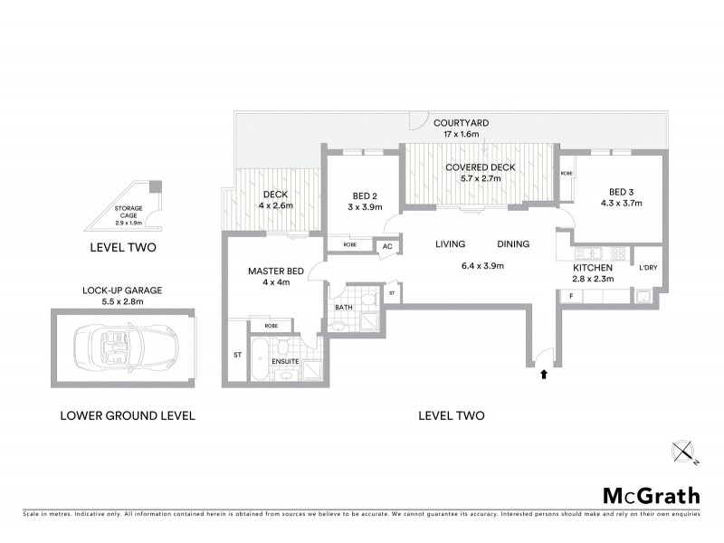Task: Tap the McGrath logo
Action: point(651,495)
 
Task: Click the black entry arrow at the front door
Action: point(543,372)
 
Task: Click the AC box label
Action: point(386,245)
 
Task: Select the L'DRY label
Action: point(647,268)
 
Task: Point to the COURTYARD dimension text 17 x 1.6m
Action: point(462,134)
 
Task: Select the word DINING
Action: point(513,244)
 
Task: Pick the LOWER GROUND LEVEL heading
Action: point(128,416)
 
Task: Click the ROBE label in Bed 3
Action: point(567,173)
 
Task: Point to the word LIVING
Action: point(450,244)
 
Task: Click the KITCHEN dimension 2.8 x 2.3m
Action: point(594,280)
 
